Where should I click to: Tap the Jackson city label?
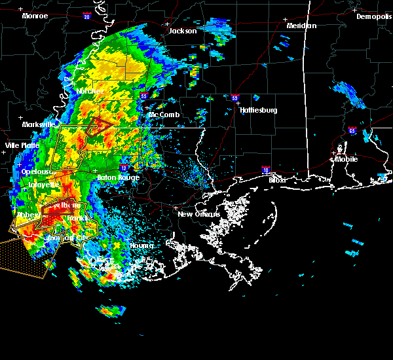183,31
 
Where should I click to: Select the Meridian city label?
301,26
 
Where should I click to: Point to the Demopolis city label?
373,16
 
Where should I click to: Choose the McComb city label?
163,115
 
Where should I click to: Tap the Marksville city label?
38,124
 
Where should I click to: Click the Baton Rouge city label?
118,177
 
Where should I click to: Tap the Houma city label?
141,245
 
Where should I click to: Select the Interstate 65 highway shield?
352,130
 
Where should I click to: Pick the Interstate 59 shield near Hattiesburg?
234,98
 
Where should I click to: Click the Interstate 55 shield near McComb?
143,96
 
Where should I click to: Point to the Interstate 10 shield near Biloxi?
266,169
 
